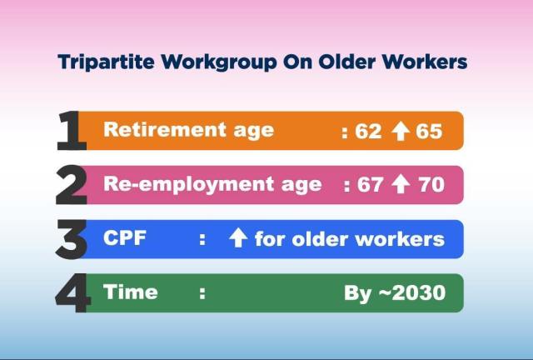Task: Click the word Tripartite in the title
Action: click(x=106, y=62)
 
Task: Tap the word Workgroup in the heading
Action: click(x=219, y=62)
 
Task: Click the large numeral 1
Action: click(x=71, y=130)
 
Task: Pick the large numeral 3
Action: click(x=71, y=239)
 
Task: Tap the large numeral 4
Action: click(x=72, y=292)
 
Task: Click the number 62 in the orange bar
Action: click(x=368, y=132)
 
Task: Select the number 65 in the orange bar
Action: click(x=429, y=132)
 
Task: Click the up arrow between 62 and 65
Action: click(x=400, y=132)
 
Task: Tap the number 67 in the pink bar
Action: click(x=370, y=185)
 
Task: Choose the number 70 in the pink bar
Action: click(x=431, y=185)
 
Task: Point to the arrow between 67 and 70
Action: click(x=401, y=184)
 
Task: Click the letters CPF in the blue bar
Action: click(x=125, y=237)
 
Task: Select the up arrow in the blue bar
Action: click(x=238, y=237)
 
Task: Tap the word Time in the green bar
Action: click(x=131, y=292)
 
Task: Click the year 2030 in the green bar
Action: click(x=418, y=292)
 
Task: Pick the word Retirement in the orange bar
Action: click(x=165, y=130)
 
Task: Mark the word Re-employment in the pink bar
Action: click(x=188, y=185)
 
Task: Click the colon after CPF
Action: click(x=202, y=239)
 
